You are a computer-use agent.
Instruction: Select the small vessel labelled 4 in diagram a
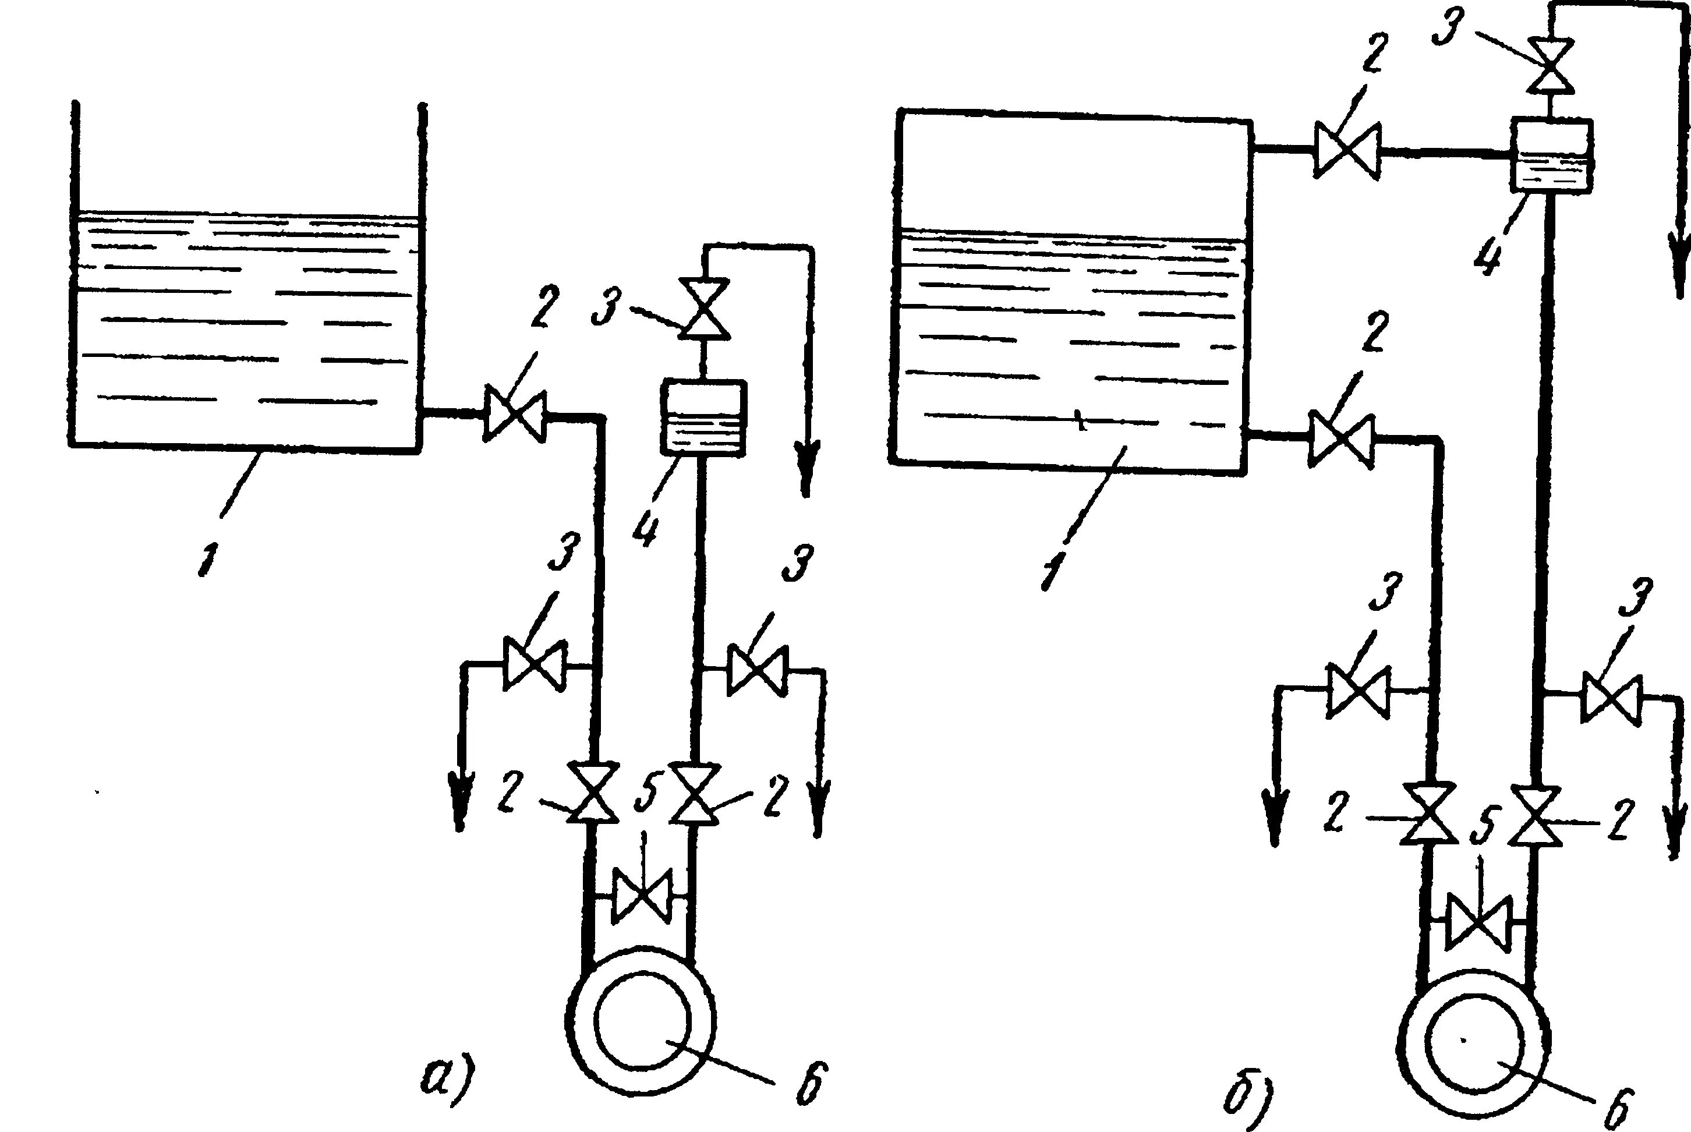[703, 418]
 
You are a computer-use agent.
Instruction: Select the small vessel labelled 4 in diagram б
[1552, 155]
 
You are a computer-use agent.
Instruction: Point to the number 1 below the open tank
[207, 560]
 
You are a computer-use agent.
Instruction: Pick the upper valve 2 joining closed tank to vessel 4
[1347, 150]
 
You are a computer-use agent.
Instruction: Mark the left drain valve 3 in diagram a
[534, 663]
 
